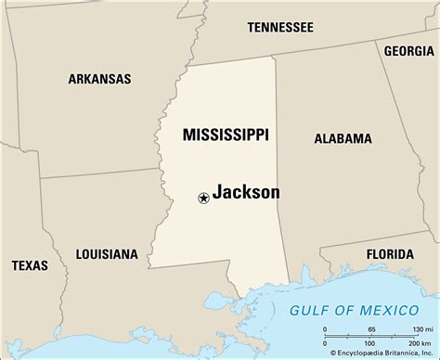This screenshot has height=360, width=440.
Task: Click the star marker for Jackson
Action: click(x=202, y=196)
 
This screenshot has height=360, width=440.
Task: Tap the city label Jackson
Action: click(x=246, y=193)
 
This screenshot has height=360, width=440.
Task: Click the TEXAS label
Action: click(x=30, y=265)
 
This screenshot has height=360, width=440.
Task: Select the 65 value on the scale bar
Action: click(x=371, y=329)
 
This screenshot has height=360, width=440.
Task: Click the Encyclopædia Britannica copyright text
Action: click(x=376, y=354)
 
